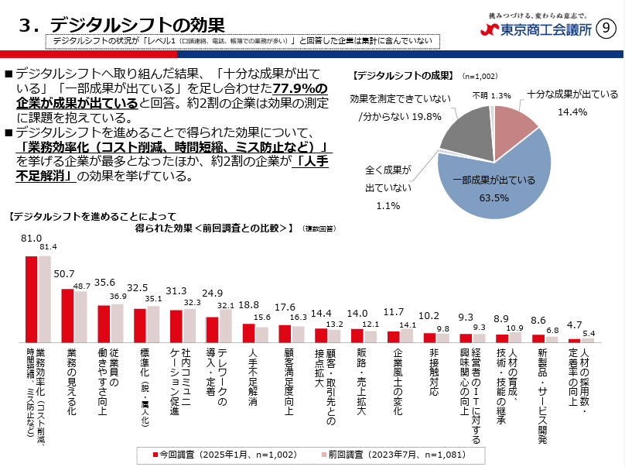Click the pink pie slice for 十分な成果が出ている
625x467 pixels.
[x=514, y=127]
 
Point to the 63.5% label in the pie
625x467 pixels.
[x=494, y=197]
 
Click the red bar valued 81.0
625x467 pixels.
[x=31, y=298]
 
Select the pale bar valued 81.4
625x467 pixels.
[x=44, y=298]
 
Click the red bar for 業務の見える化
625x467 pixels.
[x=67, y=316]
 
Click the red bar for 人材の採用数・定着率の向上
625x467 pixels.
[x=575, y=340]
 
